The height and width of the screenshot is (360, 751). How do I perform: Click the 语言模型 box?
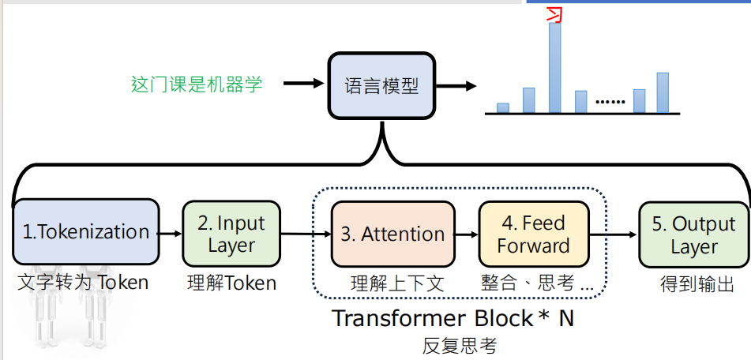point(381,85)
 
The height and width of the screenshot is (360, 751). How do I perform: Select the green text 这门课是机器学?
point(197,84)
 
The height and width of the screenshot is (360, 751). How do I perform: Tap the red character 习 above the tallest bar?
point(555,13)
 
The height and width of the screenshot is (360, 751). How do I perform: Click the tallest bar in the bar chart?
point(555,67)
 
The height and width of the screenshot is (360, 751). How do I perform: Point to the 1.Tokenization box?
point(85,231)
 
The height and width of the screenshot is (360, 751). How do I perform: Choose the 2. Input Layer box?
point(231,234)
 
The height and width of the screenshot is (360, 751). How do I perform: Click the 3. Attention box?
point(392,234)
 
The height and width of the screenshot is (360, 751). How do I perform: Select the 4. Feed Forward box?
point(533,234)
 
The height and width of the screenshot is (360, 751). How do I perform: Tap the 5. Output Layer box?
point(693,234)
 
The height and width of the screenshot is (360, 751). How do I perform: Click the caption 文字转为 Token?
point(83,283)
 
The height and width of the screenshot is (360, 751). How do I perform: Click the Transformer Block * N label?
point(452,319)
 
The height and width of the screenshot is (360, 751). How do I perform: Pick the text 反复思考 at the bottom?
point(459,345)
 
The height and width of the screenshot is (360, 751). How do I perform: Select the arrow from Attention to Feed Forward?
point(467,234)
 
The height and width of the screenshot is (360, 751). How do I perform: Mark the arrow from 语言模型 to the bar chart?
point(458,85)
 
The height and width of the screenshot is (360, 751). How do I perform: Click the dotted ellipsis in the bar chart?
point(609,102)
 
